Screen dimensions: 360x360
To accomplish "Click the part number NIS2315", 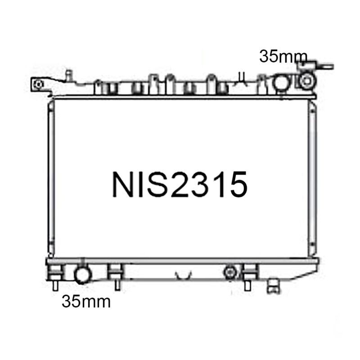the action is point(180,184).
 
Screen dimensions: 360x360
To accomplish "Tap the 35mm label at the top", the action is point(283,57).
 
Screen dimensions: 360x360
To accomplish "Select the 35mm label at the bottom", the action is point(86,301).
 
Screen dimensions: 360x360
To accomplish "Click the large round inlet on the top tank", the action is point(282,82).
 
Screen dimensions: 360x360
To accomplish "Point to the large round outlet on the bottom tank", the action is point(82,275).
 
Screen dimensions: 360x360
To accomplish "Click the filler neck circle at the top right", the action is point(307,81).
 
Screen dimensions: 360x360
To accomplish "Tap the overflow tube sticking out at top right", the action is point(325,67).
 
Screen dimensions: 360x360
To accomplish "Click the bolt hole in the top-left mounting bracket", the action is point(38,84).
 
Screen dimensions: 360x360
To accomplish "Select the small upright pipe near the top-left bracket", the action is point(69,75).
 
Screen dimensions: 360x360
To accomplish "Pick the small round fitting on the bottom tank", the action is point(229,273).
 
